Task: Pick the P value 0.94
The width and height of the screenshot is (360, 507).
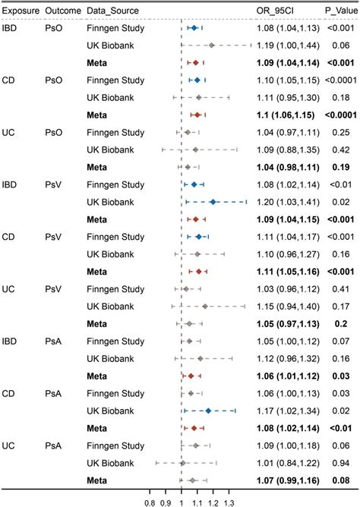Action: click(339, 463)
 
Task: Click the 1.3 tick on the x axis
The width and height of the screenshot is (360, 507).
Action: click(228, 501)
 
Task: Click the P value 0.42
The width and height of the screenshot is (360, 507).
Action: click(339, 150)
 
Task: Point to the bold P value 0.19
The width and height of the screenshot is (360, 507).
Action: click(339, 167)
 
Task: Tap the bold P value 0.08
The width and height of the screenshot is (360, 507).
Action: click(339, 480)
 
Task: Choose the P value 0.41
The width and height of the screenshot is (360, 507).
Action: click(339, 289)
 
